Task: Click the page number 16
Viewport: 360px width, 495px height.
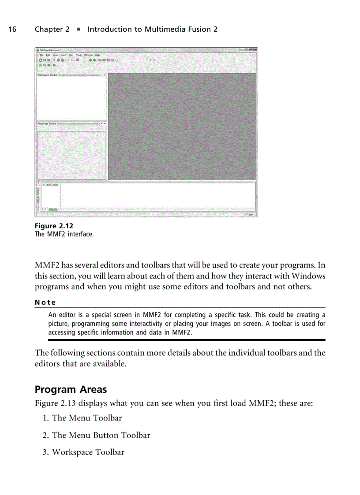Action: pyautogui.click(x=12, y=30)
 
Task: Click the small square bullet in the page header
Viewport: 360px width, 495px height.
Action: pyautogui.click(x=78, y=30)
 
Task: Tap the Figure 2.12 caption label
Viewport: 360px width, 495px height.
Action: pyautogui.click(x=54, y=226)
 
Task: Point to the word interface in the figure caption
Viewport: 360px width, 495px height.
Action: pyautogui.click(x=80, y=234)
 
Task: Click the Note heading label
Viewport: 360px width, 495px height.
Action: pyautogui.click(x=45, y=302)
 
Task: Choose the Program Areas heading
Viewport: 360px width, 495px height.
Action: pyautogui.click(x=71, y=390)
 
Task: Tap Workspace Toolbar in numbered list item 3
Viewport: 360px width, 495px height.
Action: pyautogui.click(x=88, y=452)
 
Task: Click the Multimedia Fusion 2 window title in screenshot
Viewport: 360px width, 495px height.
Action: pyautogui.click(x=51, y=51)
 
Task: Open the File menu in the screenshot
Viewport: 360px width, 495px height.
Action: pyautogui.click(x=41, y=55)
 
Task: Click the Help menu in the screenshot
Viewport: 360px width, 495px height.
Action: pyautogui.click(x=97, y=55)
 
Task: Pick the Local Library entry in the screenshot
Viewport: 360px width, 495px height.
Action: pyautogui.click(x=52, y=185)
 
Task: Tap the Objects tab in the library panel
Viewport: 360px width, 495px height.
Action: pyautogui.click(x=53, y=209)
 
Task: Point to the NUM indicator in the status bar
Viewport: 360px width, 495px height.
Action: pyautogui.click(x=251, y=215)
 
